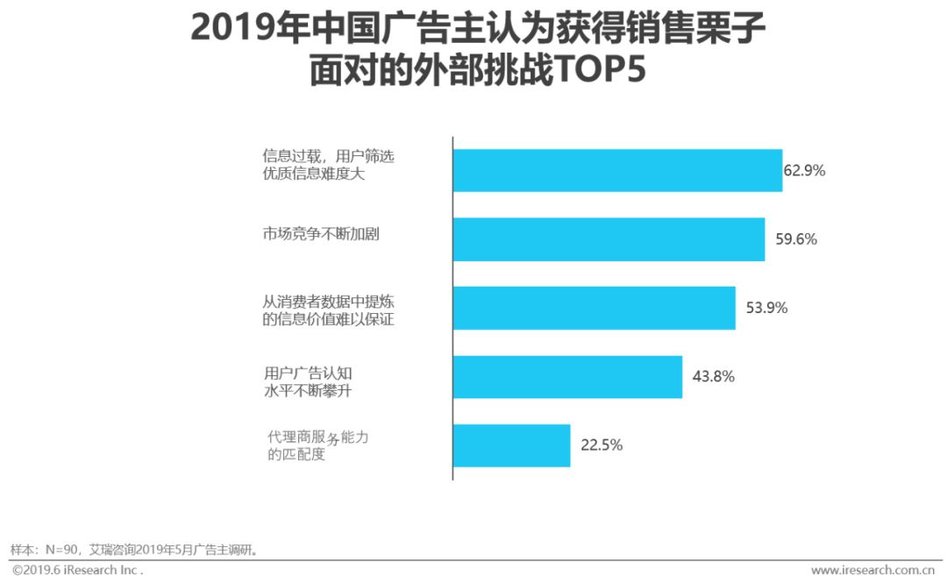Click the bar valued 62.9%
(616, 170)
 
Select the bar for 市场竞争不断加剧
(609, 239)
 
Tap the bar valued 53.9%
(594, 308)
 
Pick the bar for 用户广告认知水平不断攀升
(567, 376)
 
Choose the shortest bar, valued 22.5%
(511, 445)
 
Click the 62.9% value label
(804, 171)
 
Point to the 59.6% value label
(796, 239)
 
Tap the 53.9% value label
(766, 308)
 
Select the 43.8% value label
(713, 377)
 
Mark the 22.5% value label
(602, 445)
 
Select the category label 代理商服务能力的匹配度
(317, 446)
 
